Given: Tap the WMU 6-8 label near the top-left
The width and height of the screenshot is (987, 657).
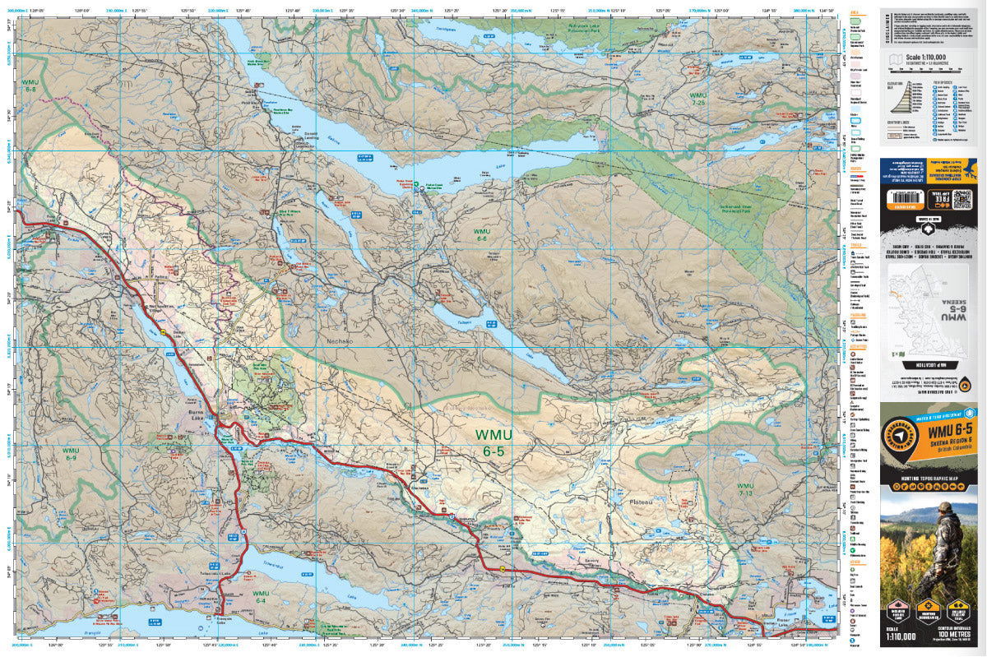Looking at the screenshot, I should (x=31, y=85).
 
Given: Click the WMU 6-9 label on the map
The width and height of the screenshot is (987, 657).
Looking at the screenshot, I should (x=71, y=455).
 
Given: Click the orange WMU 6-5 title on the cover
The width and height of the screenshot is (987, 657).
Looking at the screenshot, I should (x=949, y=429).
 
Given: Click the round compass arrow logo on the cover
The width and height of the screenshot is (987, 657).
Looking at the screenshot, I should (x=901, y=438).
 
